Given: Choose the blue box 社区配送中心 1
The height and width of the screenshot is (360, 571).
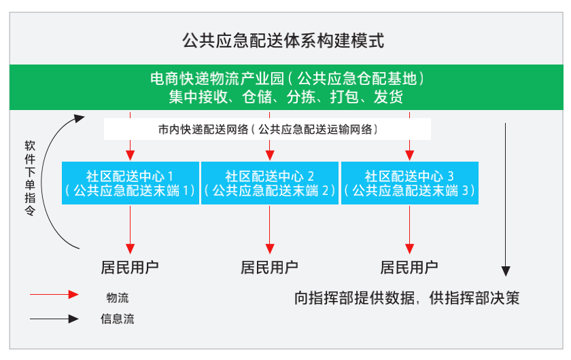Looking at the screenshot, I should pos(131,183).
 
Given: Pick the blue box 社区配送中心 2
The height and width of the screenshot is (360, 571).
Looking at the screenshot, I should pos(270,183).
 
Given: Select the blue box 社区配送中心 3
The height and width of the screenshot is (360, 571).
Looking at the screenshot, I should pos(409,183).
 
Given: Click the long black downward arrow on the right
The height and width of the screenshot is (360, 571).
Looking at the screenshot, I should pos(506,197).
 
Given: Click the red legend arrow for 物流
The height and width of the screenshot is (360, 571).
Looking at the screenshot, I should pos(54,295).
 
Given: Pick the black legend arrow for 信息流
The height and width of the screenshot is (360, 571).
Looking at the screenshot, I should pos(54,318).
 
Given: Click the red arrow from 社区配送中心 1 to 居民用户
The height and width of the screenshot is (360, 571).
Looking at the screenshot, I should pos(130,228).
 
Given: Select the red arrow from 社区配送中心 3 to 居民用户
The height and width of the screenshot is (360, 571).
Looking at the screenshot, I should pos(409,228).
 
